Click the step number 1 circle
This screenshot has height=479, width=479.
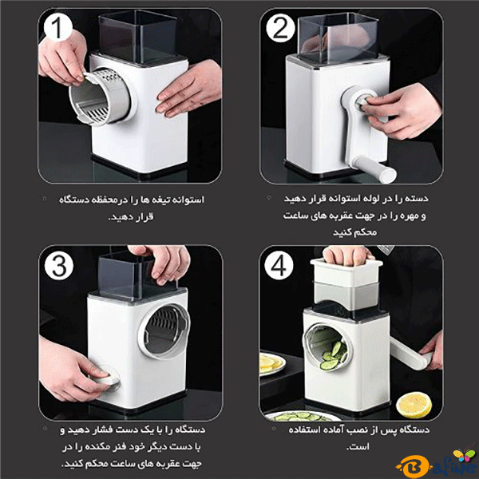pos(57,27)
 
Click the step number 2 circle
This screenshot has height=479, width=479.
pos(280,28)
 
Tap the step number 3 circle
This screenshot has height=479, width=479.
pos(59,266)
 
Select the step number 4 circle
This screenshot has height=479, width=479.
pos(279,265)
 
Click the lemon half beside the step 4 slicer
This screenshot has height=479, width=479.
pos(414,405)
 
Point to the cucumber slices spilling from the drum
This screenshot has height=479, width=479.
pos(334,355)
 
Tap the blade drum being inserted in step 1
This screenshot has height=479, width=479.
pos(98,97)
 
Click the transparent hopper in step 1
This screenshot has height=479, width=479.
pos(138,38)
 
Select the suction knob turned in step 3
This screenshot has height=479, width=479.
pos(105,378)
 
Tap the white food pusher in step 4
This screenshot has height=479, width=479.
pos(346,273)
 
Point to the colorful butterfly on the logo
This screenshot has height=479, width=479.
pos(464,454)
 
